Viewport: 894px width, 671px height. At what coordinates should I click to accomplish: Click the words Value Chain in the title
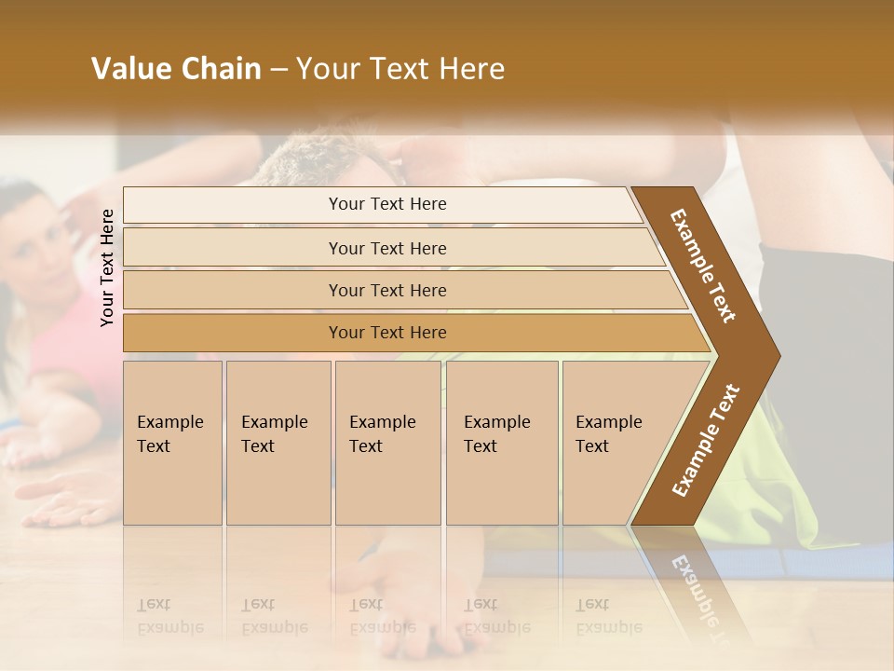pyautogui.click(x=176, y=69)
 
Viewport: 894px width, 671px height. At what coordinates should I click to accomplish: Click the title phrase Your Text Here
pyautogui.click(x=400, y=69)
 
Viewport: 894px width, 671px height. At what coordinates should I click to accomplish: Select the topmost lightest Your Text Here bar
pyautogui.click(x=386, y=204)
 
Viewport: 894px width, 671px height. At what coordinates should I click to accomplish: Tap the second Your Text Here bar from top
pyautogui.click(x=386, y=248)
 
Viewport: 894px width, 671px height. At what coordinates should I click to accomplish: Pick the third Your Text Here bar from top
pyautogui.click(x=386, y=290)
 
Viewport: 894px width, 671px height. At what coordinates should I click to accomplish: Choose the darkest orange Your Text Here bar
pyautogui.click(x=386, y=333)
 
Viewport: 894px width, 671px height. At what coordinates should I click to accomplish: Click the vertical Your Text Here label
pyautogui.click(x=107, y=267)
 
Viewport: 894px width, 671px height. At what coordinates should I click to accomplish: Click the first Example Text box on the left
pyautogui.click(x=172, y=443)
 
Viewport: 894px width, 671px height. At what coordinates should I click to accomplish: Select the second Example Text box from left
pyautogui.click(x=278, y=443)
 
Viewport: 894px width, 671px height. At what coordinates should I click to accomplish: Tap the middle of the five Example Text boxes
pyautogui.click(x=386, y=443)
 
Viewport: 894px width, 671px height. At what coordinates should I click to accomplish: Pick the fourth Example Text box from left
pyautogui.click(x=501, y=443)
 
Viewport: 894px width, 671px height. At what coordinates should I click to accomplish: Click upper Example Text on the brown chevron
pyautogui.click(x=703, y=266)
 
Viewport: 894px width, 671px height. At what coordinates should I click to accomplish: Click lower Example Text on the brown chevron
pyautogui.click(x=706, y=440)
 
